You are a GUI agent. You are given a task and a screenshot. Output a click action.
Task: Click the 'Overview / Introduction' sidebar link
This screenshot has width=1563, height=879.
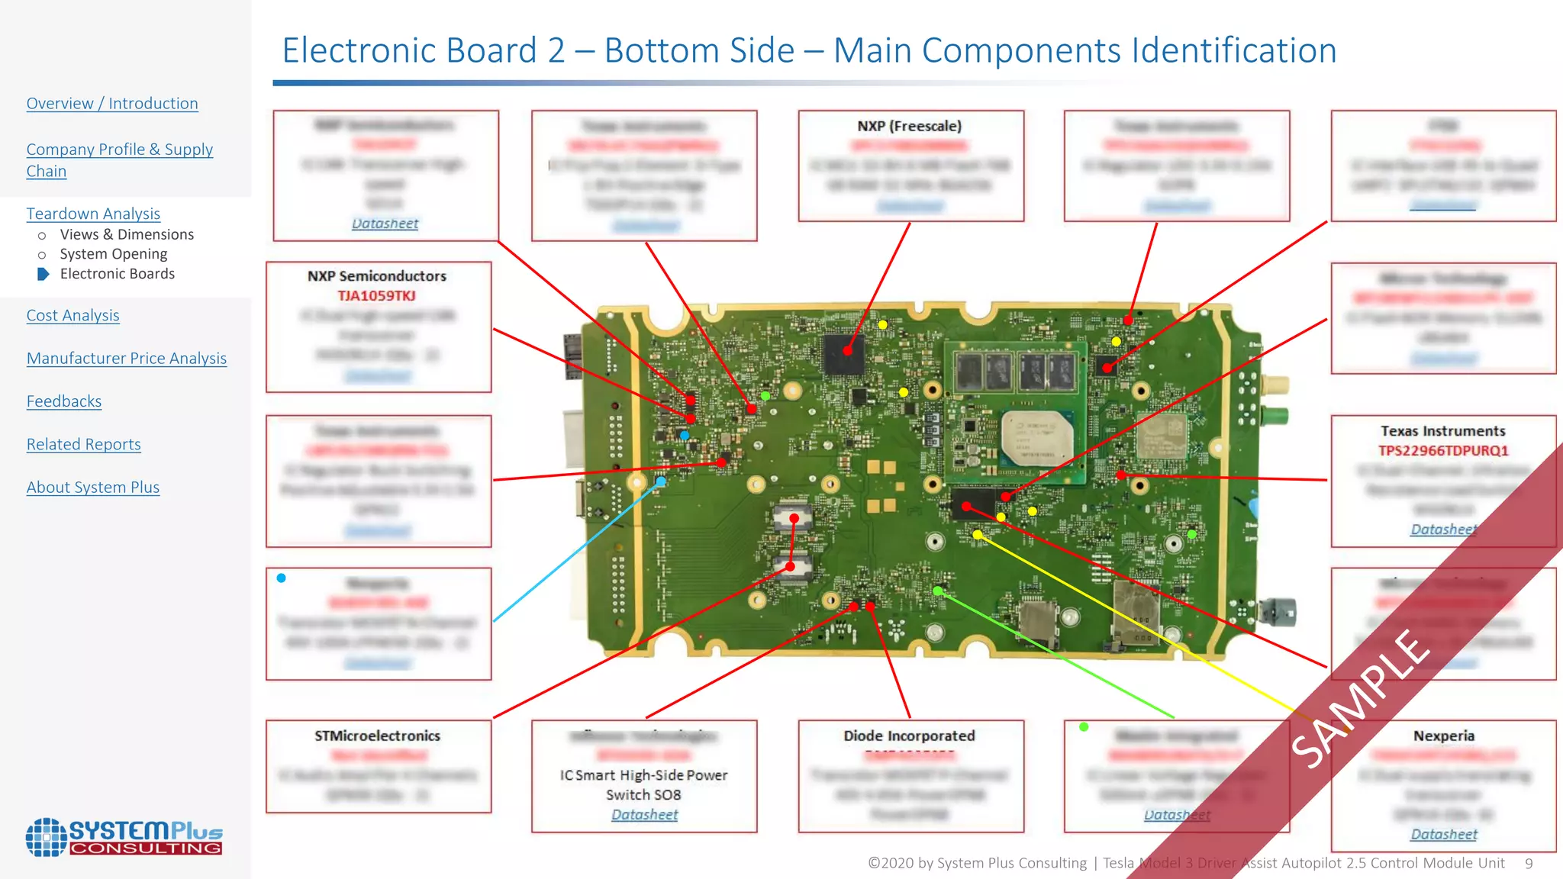[112, 104]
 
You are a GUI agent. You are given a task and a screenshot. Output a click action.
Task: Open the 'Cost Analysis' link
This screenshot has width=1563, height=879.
[73, 316]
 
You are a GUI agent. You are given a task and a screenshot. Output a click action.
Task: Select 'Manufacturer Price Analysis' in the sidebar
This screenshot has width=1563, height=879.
[127, 359]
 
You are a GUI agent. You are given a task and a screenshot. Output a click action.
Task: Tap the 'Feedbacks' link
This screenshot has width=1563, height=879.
[64, 401]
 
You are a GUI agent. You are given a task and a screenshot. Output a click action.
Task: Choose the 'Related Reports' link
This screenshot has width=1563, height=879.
[84, 445]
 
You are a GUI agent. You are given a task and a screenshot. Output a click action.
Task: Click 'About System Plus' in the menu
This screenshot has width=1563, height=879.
[93, 488]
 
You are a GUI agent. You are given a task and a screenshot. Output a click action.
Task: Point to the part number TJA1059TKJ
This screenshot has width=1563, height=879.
[377, 296]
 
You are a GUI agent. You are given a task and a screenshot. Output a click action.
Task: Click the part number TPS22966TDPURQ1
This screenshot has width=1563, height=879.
[1443, 451]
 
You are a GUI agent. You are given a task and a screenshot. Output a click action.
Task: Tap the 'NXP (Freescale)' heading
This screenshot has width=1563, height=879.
[909, 126]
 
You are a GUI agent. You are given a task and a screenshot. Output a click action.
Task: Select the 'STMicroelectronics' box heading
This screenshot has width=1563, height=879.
[377, 736]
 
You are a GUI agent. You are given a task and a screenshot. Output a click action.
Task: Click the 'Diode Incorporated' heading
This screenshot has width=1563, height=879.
[909, 736]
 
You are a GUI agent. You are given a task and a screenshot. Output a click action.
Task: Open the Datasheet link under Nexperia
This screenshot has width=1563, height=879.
[1443, 835]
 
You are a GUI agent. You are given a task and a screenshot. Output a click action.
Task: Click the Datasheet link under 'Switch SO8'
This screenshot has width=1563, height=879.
[644, 815]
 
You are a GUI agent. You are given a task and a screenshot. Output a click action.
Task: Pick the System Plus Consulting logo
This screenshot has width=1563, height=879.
[124, 837]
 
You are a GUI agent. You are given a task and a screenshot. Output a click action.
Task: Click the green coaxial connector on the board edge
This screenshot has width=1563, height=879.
[1274, 417]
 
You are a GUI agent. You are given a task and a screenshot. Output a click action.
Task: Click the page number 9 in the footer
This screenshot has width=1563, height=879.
[1529, 864]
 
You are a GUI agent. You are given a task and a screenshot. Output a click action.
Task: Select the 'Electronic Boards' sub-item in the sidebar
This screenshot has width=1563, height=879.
[118, 274]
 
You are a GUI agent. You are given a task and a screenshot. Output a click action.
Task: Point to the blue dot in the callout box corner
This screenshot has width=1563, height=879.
[282, 578]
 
